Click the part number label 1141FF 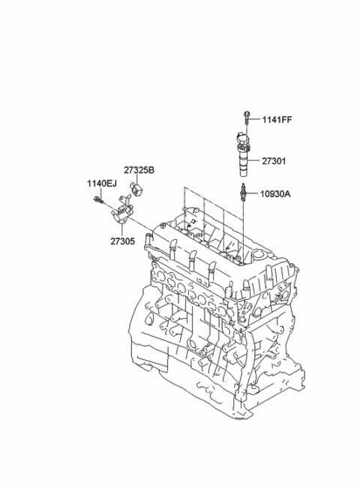point(277,120)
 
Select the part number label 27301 point(274,161)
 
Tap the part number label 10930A point(275,194)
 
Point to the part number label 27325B point(139,170)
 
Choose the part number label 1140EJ point(102,184)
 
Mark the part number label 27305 point(122,241)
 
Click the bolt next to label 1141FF point(247,118)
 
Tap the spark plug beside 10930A point(243,192)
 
